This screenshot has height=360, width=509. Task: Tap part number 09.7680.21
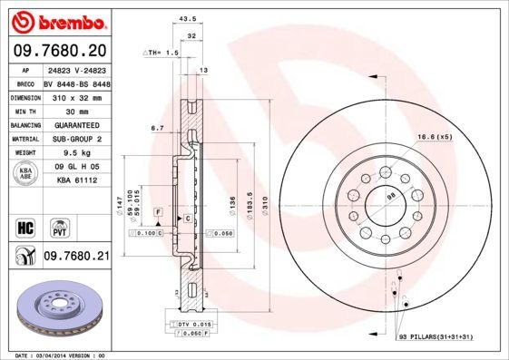[x=76, y=258]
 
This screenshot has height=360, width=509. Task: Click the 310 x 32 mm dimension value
[x=76, y=95]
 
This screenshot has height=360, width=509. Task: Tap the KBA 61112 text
[x=76, y=181]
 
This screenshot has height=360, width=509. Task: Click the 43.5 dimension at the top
[x=189, y=18]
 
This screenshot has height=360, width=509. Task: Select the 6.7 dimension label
[x=157, y=128]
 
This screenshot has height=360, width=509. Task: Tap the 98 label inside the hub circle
[x=392, y=197]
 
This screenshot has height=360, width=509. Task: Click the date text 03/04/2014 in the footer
[x=60, y=355]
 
